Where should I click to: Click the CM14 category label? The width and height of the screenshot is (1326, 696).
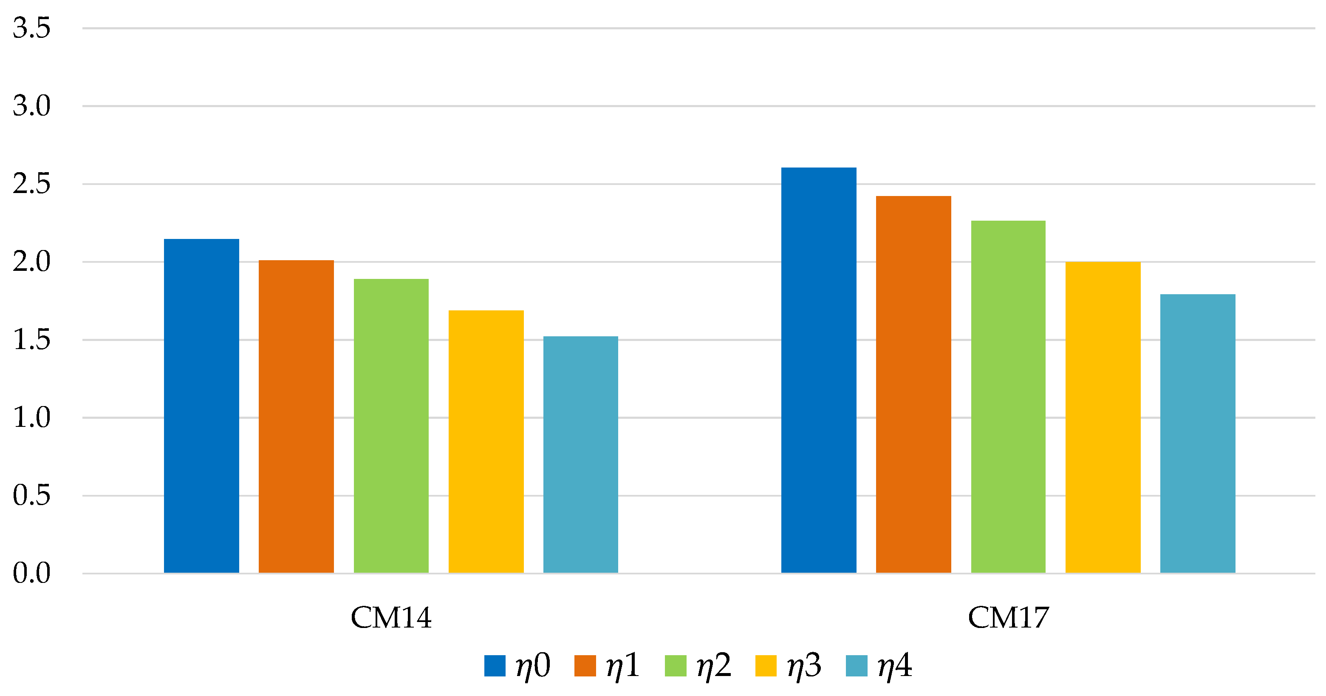click(391, 617)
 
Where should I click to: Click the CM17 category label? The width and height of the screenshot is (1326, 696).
click(1008, 617)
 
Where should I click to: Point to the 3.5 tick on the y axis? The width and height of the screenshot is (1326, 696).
click(31, 28)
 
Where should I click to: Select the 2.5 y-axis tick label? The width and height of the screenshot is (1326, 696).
click(31, 184)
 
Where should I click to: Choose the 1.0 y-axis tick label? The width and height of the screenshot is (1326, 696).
click(31, 417)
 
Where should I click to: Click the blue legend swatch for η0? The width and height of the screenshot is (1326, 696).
click(495, 666)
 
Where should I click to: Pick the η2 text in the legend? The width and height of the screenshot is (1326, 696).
click(713, 666)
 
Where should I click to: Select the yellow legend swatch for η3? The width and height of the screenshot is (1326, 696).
click(766, 666)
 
